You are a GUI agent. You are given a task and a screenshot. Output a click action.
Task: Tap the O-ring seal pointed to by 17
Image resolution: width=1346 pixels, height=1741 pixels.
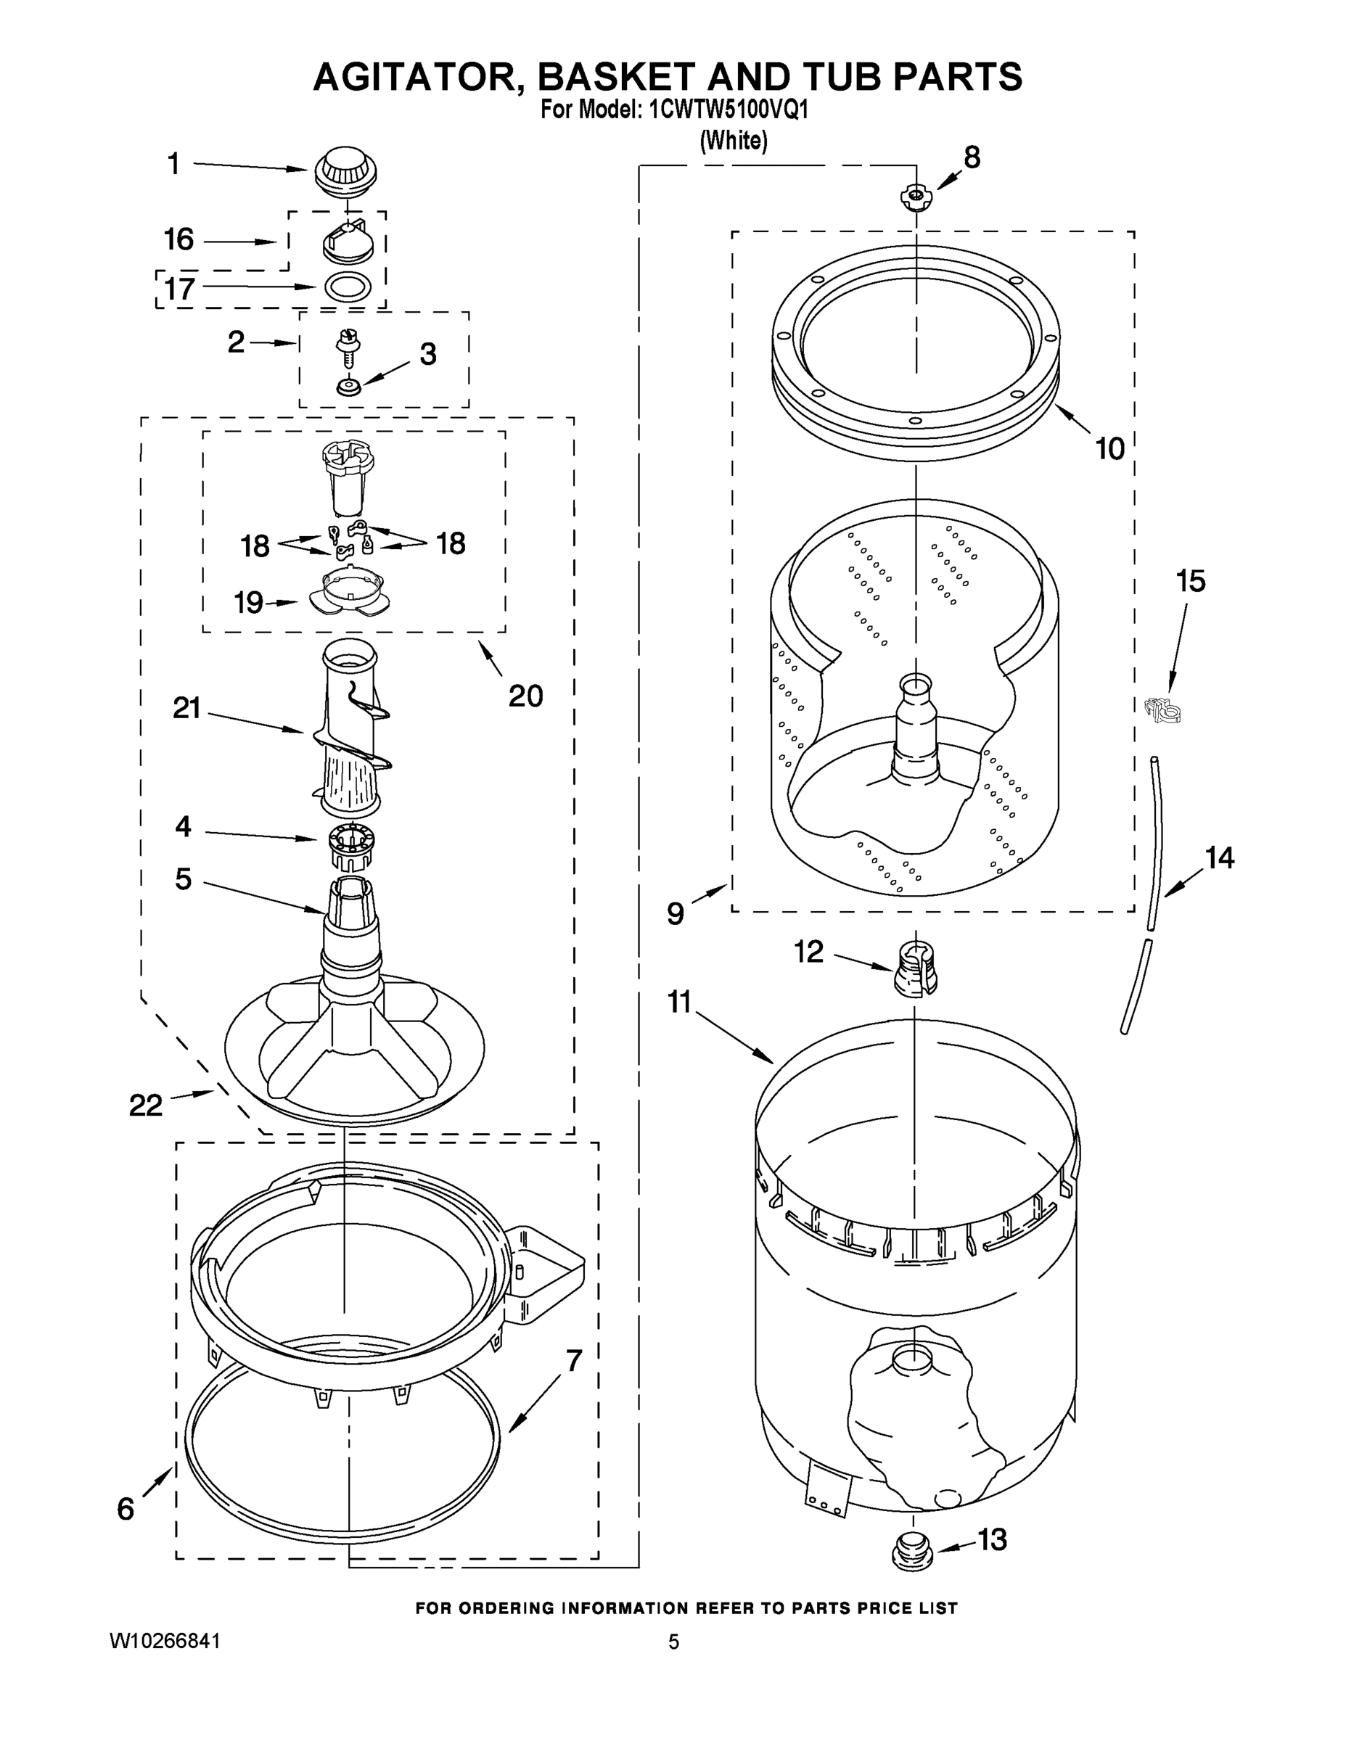click(x=348, y=287)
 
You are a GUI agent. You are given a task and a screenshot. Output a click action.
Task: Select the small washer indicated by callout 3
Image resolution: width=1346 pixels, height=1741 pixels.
click(x=348, y=387)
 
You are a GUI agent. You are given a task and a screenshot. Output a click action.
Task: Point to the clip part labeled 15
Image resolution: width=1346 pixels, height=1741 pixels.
click(x=1161, y=709)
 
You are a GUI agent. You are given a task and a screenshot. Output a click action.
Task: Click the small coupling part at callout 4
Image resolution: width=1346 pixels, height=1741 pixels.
click(x=351, y=848)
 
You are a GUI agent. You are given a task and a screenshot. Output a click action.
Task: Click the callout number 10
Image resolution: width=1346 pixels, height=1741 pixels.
click(x=1109, y=448)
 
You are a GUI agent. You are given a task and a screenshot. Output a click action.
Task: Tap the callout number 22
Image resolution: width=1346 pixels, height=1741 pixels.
click(x=146, y=1105)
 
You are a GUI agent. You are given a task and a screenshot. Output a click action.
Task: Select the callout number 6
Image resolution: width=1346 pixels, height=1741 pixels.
click(x=126, y=1508)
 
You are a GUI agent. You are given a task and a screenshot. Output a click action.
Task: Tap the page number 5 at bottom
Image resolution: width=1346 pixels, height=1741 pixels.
click(x=674, y=1642)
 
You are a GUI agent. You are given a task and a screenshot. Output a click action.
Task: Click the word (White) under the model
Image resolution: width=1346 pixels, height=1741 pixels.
click(x=734, y=141)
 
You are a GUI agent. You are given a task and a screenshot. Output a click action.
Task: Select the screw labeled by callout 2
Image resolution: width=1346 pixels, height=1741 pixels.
click(x=348, y=347)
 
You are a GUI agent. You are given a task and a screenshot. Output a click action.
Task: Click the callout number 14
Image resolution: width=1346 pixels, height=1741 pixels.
click(x=1219, y=857)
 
